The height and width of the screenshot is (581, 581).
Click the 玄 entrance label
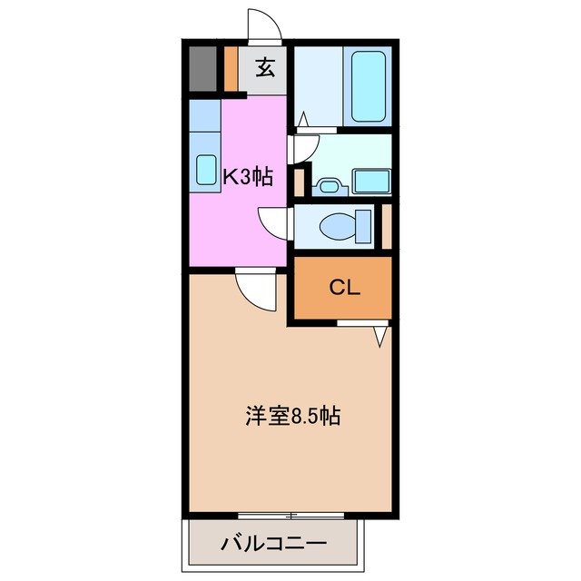coord(264,68)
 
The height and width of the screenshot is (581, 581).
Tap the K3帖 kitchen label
coord(248,176)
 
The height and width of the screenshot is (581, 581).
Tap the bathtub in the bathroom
coord(369,86)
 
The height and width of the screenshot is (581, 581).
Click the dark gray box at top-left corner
coord(202,67)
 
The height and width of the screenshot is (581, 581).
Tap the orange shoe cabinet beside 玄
coord(231,69)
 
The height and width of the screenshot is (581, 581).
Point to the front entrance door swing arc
coord(264,27)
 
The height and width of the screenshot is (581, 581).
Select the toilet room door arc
coord(274,224)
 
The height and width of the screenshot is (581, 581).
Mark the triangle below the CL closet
coord(381,336)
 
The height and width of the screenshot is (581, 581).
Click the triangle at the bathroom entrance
coord(302,119)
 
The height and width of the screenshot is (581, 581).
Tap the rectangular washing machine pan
coord(371,180)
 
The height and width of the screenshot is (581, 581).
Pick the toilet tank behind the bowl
coord(365,224)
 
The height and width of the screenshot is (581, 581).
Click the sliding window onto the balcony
coord(290,516)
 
